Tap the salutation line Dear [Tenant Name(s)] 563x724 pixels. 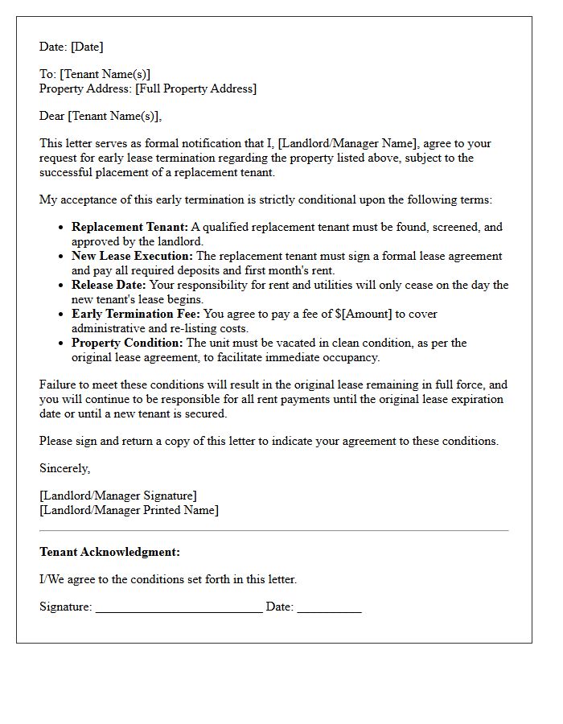pyautogui.click(x=101, y=117)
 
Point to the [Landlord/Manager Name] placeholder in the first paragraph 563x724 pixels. pyautogui.click(x=347, y=144)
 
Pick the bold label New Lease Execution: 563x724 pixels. pyautogui.click(x=132, y=257)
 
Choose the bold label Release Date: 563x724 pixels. pyautogui.click(x=109, y=286)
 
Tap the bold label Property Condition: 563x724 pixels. pyautogui.click(x=127, y=343)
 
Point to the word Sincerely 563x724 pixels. pyautogui.click(x=64, y=469)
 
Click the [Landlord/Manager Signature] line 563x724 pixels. pyautogui.click(x=117, y=496)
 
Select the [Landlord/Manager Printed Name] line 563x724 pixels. pyautogui.click(x=129, y=511)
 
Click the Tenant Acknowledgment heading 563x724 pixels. pyautogui.click(x=109, y=553)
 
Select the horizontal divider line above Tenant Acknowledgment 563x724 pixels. pyautogui.click(x=273, y=531)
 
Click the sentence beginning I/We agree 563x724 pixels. pyautogui.click(x=168, y=580)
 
